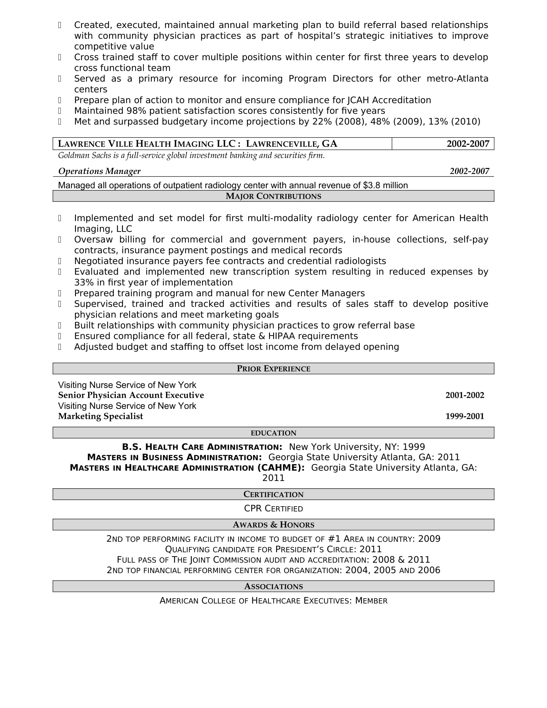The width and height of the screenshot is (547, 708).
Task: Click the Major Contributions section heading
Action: tap(273, 196)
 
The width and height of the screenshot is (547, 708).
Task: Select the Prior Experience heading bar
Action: tap(273, 368)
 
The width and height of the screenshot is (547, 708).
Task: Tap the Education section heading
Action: tap(273, 433)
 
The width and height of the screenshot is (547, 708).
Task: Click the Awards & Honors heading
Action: tap(273, 525)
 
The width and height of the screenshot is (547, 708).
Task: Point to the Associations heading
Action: tap(273, 586)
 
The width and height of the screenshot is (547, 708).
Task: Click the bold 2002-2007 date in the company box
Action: tap(468, 144)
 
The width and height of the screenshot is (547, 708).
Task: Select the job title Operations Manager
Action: tap(99, 171)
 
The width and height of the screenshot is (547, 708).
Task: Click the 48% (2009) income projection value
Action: tap(395, 122)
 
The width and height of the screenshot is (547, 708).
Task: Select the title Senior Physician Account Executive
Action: tap(131, 395)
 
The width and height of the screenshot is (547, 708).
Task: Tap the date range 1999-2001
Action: tap(464, 416)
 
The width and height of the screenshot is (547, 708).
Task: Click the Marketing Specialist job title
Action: tap(100, 416)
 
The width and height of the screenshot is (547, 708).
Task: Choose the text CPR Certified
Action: tap(273, 508)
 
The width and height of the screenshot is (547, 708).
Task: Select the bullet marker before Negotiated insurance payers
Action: tap(60, 261)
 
